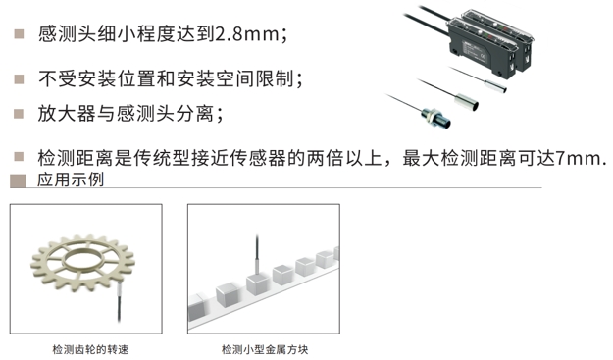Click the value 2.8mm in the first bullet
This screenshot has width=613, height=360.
247,34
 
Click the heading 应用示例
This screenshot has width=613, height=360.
71,180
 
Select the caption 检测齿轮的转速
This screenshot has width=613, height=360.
90,349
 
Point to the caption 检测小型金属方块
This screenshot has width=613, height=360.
265,349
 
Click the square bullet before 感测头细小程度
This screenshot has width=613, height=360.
19,34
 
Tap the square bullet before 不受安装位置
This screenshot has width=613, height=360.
19,79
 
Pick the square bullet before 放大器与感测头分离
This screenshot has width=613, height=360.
19,114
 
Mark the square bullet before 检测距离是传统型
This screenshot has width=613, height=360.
19,157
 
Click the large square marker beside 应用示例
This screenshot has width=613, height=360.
18,180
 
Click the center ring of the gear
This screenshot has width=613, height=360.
83,258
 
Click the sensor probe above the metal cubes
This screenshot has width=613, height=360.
257,255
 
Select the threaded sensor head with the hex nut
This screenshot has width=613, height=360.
435,118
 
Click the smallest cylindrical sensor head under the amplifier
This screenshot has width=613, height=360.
495,85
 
